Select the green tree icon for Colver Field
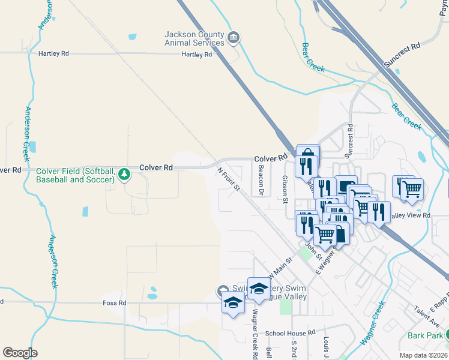124,175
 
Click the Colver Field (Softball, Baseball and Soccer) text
76,175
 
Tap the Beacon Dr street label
261,181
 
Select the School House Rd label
290,332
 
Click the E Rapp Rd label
436,305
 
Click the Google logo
20,353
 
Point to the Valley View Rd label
411,215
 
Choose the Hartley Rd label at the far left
53,53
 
